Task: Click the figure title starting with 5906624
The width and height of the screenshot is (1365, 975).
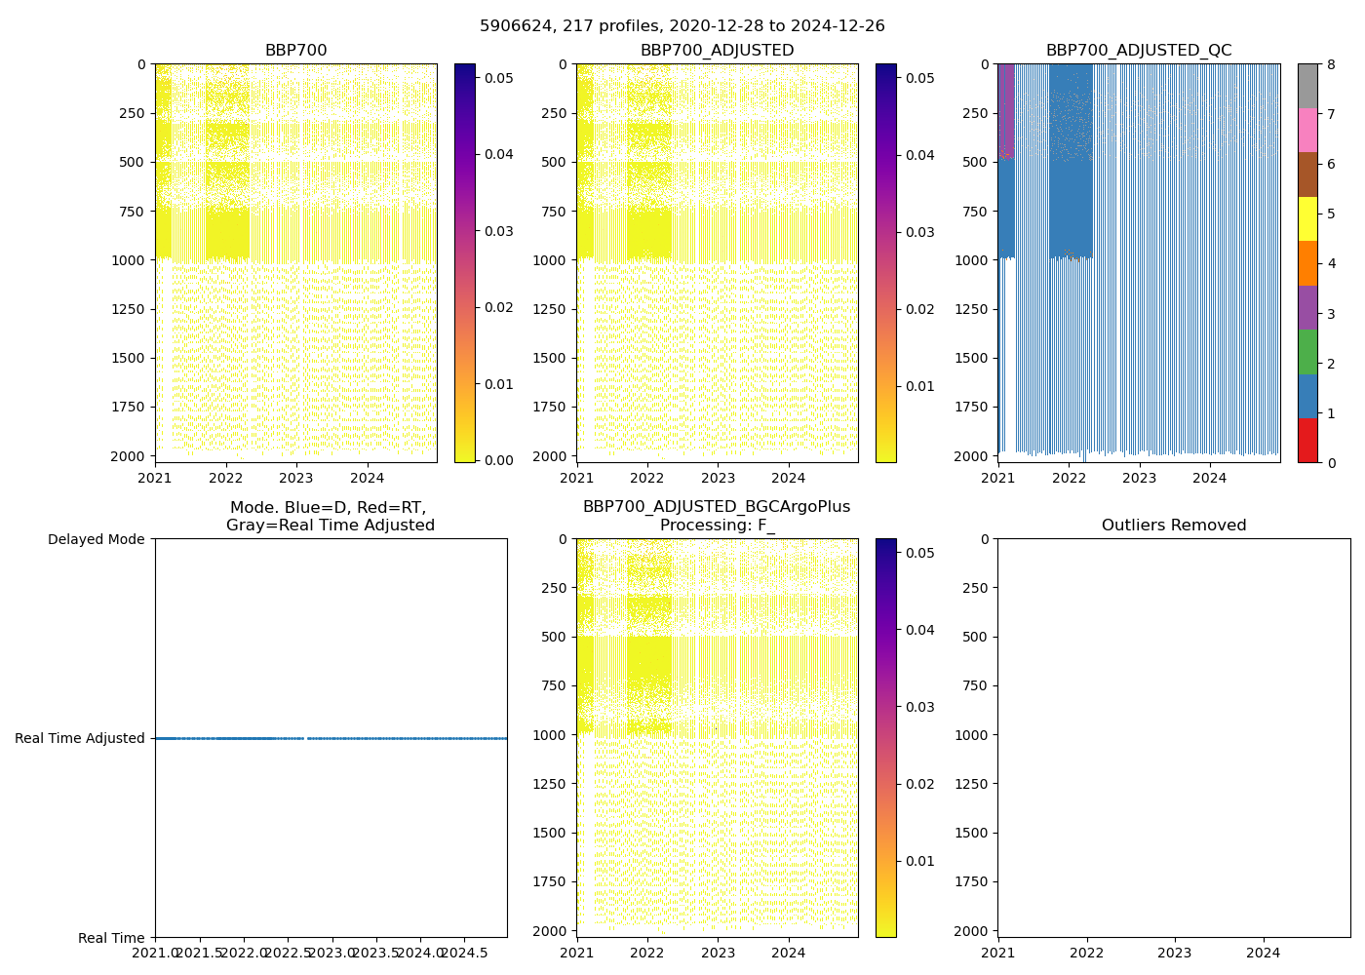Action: [x=682, y=26]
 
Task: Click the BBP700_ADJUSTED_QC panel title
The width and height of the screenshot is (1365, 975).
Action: [x=1138, y=51]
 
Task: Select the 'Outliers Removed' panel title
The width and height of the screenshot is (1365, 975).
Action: [x=1173, y=526]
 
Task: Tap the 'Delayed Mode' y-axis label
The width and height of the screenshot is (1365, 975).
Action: [x=96, y=539]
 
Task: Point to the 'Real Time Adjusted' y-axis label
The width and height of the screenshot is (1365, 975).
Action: [x=79, y=738]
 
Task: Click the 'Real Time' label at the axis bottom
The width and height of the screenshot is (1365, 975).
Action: [x=111, y=938]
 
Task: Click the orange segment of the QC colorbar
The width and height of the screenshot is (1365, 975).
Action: [x=1307, y=263]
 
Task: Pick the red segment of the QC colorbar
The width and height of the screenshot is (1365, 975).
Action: [x=1307, y=441]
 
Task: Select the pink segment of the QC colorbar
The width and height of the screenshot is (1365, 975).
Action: [x=1307, y=130]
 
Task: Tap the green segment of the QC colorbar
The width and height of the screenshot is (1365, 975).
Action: [x=1307, y=352]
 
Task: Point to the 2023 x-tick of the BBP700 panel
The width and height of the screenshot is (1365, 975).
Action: [x=296, y=478]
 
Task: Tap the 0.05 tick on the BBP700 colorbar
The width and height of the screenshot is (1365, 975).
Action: [x=499, y=78]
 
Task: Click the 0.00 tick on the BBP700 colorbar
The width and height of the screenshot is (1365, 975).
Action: [x=499, y=460]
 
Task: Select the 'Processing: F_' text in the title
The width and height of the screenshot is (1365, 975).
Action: [x=717, y=526]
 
